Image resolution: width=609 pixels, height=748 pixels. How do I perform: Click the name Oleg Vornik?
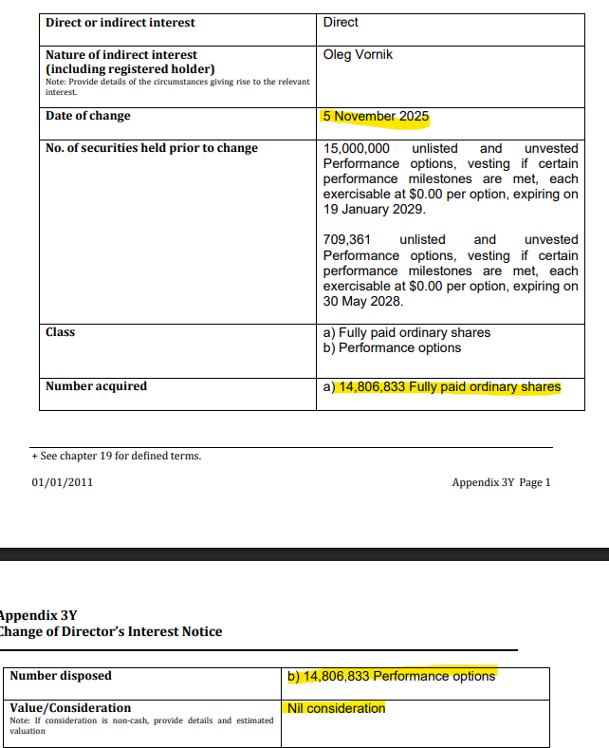pyautogui.click(x=358, y=54)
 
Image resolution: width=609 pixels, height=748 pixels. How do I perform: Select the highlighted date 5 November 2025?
pyautogui.click(x=376, y=117)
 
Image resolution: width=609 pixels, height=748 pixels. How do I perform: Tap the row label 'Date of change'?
pyautogui.click(x=88, y=116)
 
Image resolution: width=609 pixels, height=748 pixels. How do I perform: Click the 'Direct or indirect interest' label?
pyautogui.click(x=120, y=22)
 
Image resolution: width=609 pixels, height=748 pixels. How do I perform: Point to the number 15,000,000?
pyautogui.click(x=356, y=148)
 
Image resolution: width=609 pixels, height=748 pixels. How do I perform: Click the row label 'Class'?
pyautogui.click(x=60, y=331)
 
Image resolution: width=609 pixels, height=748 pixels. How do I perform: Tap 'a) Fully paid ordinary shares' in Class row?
pyautogui.click(x=407, y=332)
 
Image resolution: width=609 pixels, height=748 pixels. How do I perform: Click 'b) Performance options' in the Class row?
pyautogui.click(x=392, y=347)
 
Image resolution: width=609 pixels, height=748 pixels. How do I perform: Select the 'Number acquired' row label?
pyautogui.click(x=96, y=386)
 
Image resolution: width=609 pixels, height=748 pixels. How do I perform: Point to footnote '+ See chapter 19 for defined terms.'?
pyautogui.click(x=116, y=456)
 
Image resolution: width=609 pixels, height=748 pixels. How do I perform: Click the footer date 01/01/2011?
pyautogui.click(x=62, y=482)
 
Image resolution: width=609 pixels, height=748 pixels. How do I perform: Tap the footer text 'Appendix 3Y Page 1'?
pyautogui.click(x=501, y=482)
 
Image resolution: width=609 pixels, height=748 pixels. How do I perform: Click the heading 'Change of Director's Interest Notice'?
pyautogui.click(x=111, y=632)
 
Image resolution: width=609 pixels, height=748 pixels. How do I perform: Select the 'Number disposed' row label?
pyautogui.click(x=61, y=676)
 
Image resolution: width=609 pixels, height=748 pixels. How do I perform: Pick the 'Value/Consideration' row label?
pyautogui.click(x=70, y=708)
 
